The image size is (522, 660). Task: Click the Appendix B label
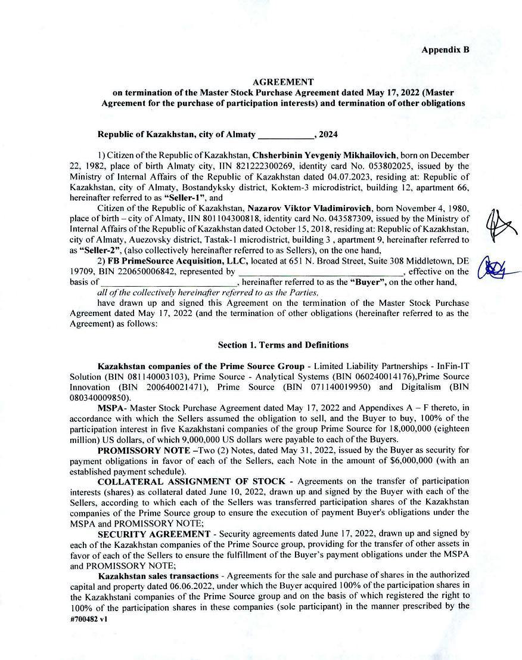click(x=445, y=49)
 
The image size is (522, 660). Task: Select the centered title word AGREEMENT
click(x=283, y=82)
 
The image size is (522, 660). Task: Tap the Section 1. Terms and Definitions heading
click(x=283, y=345)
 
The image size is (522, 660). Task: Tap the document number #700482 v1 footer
click(x=89, y=619)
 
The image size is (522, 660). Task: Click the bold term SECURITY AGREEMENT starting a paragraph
click(x=154, y=534)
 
